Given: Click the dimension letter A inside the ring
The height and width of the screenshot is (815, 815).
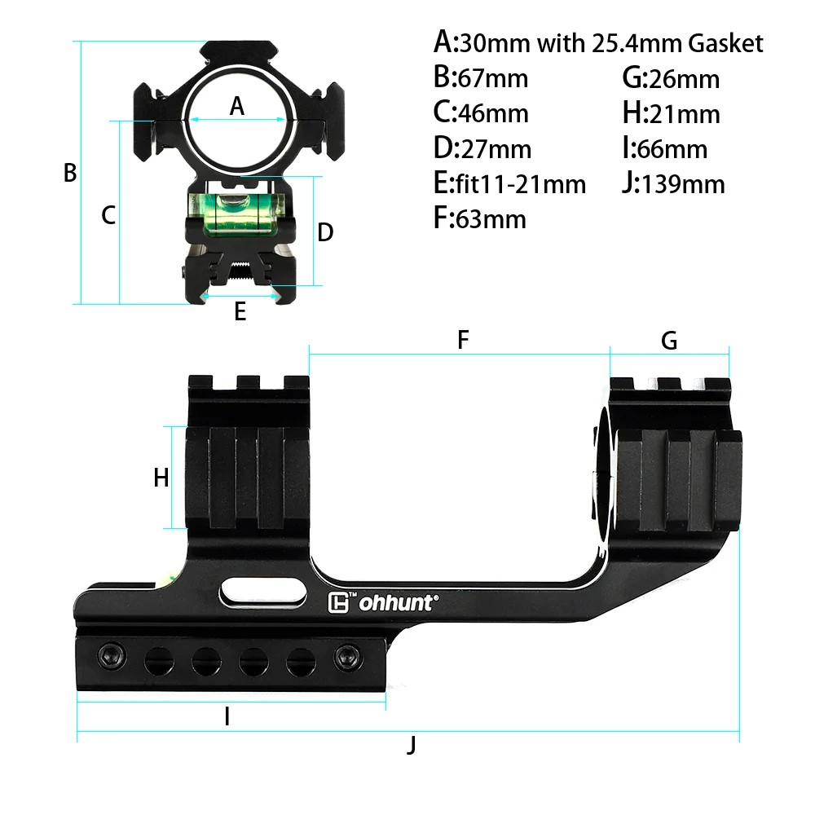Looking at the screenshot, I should [237, 106].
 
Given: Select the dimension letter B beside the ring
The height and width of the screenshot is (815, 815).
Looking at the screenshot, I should [70, 173].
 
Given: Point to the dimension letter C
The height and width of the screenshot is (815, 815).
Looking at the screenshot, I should [108, 215].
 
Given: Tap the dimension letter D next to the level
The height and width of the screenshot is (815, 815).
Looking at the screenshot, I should [325, 233].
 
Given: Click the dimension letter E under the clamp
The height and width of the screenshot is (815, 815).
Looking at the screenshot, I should [240, 311].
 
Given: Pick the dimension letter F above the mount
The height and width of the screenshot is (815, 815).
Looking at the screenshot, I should [463, 340].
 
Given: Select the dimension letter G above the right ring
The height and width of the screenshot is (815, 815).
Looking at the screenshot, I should [669, 341].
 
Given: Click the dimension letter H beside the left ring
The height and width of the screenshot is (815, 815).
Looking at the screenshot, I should [161, 478].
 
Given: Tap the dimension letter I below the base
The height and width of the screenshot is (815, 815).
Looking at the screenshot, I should [227, 716].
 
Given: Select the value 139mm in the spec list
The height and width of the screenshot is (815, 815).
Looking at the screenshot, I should [683, 184].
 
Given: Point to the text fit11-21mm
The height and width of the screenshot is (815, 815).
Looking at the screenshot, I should [521, 184].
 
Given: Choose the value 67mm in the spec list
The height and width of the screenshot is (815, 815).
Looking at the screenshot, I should [493, 78].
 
